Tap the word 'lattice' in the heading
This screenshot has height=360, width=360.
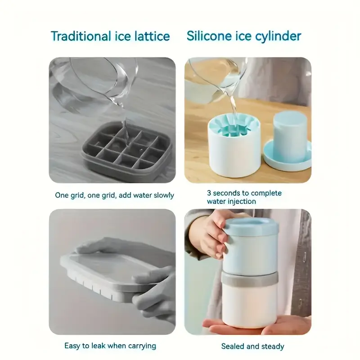click(150, 36)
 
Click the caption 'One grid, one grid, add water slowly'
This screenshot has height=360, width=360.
click(114, 195)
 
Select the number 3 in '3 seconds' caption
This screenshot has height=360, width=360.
click(209, 193)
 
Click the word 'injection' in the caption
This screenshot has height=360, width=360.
click(240, 201)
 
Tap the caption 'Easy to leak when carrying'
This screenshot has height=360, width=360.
click(110, 346)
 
